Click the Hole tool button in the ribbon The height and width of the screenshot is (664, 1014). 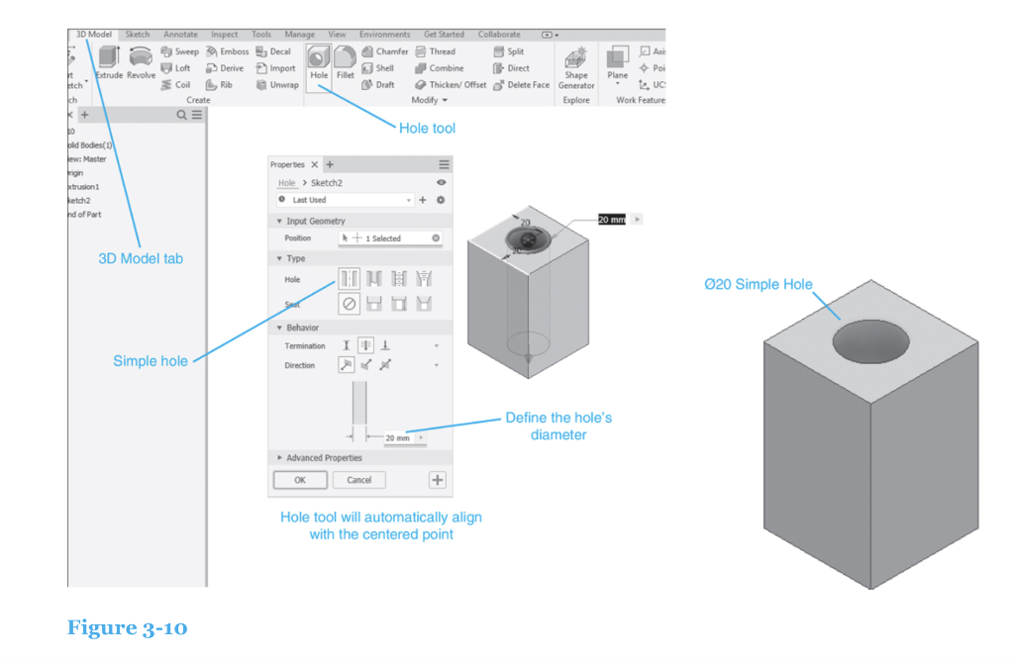coord(318,65)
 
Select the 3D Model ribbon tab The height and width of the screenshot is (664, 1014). coord(94,35)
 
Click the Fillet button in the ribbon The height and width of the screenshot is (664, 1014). coord(345,65)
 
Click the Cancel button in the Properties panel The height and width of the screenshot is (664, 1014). coord(358,480)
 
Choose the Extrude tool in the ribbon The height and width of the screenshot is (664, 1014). coord(108,64)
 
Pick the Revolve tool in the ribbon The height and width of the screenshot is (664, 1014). coord(141,64)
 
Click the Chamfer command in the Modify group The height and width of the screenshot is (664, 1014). coord(385,51)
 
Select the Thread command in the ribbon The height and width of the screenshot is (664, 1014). coord(436,51)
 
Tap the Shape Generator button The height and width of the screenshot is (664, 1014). coord(575,68)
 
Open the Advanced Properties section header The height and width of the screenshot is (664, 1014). coord(323,458)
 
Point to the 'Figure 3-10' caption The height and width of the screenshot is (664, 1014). coord(127,627)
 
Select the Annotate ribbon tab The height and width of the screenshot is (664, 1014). coord(180,35)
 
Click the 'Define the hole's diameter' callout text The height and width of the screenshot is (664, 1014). coord(558,426)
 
